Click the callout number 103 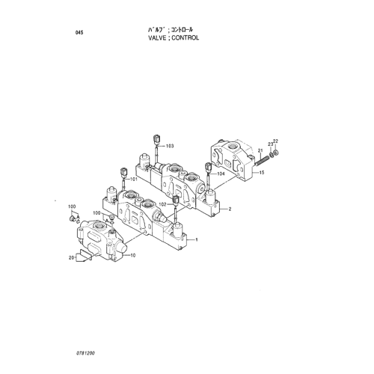pos(170,146)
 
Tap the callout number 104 pos(221,174)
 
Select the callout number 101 pos(134,180)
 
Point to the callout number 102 pos(162,204)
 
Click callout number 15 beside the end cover pos(262,173)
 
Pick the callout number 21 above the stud pos(260,150)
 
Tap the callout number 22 pos(275,141)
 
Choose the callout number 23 pos(271,144)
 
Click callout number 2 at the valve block pos(230,209)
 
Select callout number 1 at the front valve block pos(197,240)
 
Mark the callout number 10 pos(133,255)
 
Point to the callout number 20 pos(71,258)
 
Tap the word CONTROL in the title pos(186,38)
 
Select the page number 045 pos(79,33)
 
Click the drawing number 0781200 pos(86,353)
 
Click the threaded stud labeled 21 pos(262,160)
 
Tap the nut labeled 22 pos(276,152)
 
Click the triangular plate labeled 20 pos(81,257)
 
